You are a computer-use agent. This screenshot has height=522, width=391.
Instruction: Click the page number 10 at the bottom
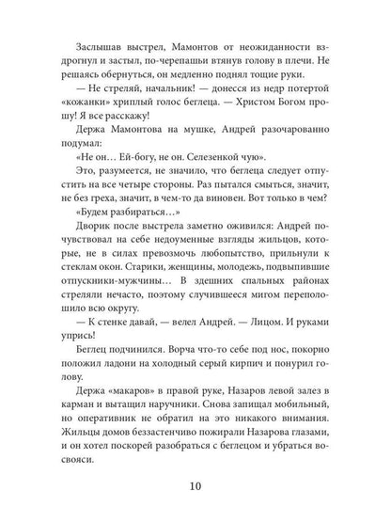[195, 486]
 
